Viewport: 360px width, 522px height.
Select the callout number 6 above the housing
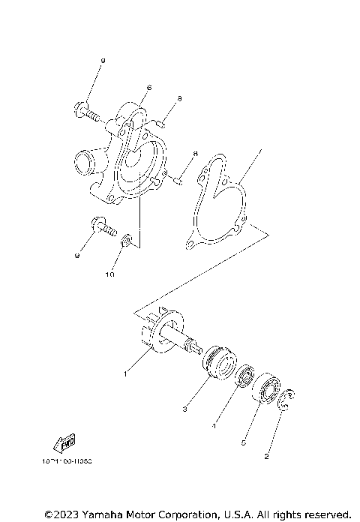coord(150,88)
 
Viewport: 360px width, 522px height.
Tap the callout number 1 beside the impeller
coord(126,372)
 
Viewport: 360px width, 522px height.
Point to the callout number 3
coord(183,409)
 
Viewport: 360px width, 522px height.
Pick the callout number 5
coord(243,443)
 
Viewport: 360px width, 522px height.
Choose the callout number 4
coord(214,426)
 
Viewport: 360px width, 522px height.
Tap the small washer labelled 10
coord(127,241)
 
